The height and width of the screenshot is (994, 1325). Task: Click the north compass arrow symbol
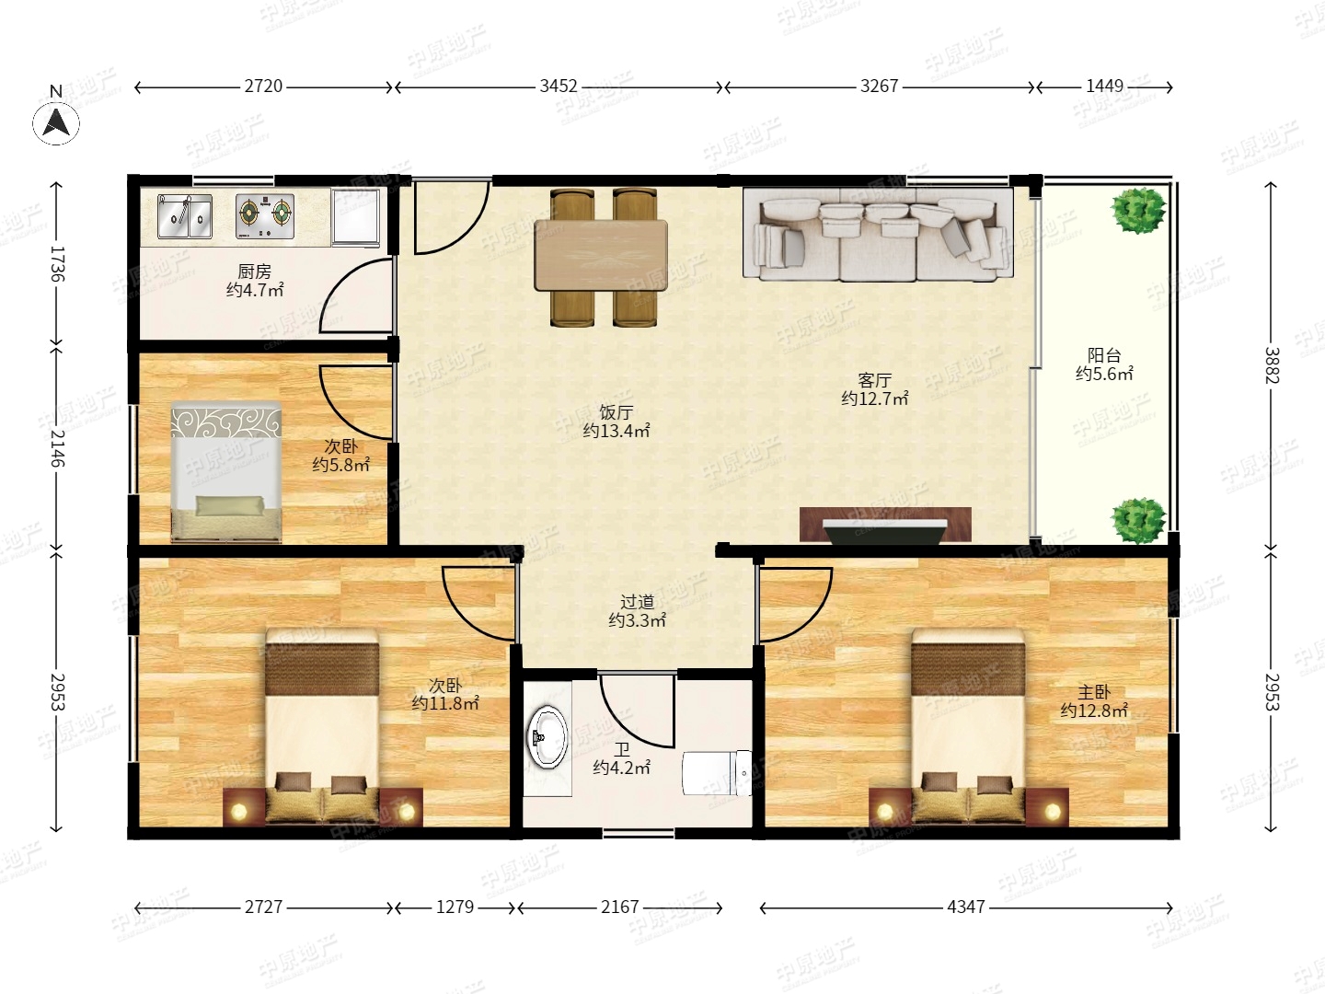click(x=56, y=122)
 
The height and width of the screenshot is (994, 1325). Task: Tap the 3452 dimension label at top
click(x=559, y=87)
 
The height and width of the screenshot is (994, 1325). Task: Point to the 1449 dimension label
click(x=1104, y=87)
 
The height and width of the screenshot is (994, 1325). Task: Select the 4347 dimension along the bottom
click(x=966, y=907)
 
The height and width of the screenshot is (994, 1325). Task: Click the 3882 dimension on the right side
click(x=1272, y=365)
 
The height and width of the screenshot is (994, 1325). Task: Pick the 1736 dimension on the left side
click(x=57, y=264)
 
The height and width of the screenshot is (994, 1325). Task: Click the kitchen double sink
click(x=185, y=216)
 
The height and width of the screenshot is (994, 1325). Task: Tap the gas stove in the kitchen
click(x=265, y=216)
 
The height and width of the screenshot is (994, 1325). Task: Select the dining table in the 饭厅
click(x=601, y=256)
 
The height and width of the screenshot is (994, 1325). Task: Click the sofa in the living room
click(x=878, y=234)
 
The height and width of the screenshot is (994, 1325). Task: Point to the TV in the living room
click(x=885, y=530)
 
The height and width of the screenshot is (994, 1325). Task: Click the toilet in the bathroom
click(x=717, y=773)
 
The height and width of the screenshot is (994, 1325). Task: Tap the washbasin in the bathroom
click(x=547, y=737)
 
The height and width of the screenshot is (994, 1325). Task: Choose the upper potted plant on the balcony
click(x=1138, y=210)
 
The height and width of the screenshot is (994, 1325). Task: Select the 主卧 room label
click(x=1094, y=691)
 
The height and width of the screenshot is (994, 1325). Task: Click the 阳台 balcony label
click(x=1104, y=355)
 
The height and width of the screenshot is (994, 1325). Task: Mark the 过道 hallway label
click(x=638, y=602)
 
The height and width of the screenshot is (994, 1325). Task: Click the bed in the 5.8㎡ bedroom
click(x=226, y=472)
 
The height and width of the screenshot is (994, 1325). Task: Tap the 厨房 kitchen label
click(x=254, y=272)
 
